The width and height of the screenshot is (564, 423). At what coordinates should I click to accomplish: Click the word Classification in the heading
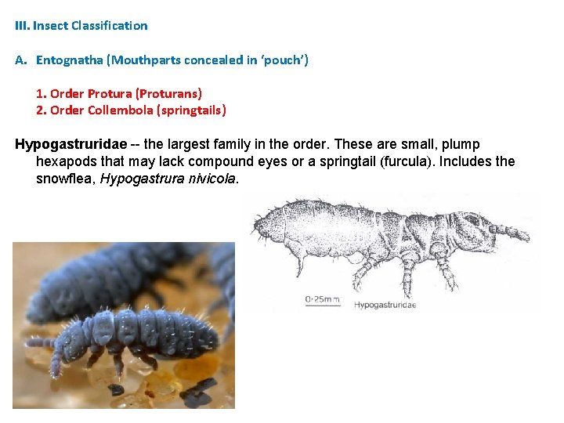point(109,25)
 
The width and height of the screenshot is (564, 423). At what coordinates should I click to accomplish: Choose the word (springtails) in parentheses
point(192,110)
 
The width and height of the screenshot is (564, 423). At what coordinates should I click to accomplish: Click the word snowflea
point(67,179)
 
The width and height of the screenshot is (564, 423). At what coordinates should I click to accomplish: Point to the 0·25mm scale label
point(322,298)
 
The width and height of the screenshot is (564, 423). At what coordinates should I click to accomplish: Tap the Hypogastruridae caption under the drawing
point(385,305)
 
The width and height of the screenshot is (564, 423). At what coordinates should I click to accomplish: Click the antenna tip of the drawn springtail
point(526,235)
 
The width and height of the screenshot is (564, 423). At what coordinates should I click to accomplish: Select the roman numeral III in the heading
point(22,25)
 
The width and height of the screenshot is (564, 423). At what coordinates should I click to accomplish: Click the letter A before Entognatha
point(20,60)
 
